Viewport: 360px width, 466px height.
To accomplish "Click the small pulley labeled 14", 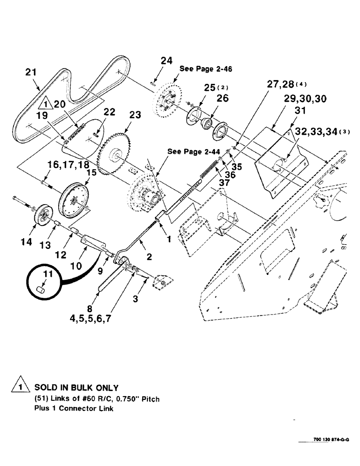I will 44,215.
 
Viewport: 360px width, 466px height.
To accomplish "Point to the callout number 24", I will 166,61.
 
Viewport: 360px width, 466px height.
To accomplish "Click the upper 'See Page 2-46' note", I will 206,69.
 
